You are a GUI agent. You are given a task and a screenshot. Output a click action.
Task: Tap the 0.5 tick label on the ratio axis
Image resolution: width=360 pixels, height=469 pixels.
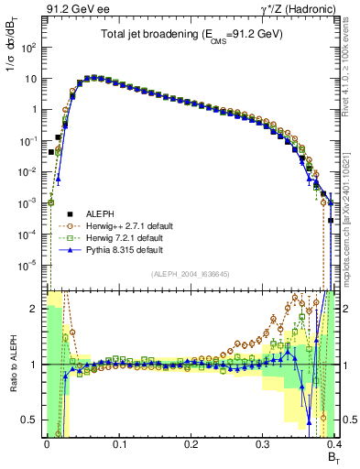pyautogui.click(x=31, y=420)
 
